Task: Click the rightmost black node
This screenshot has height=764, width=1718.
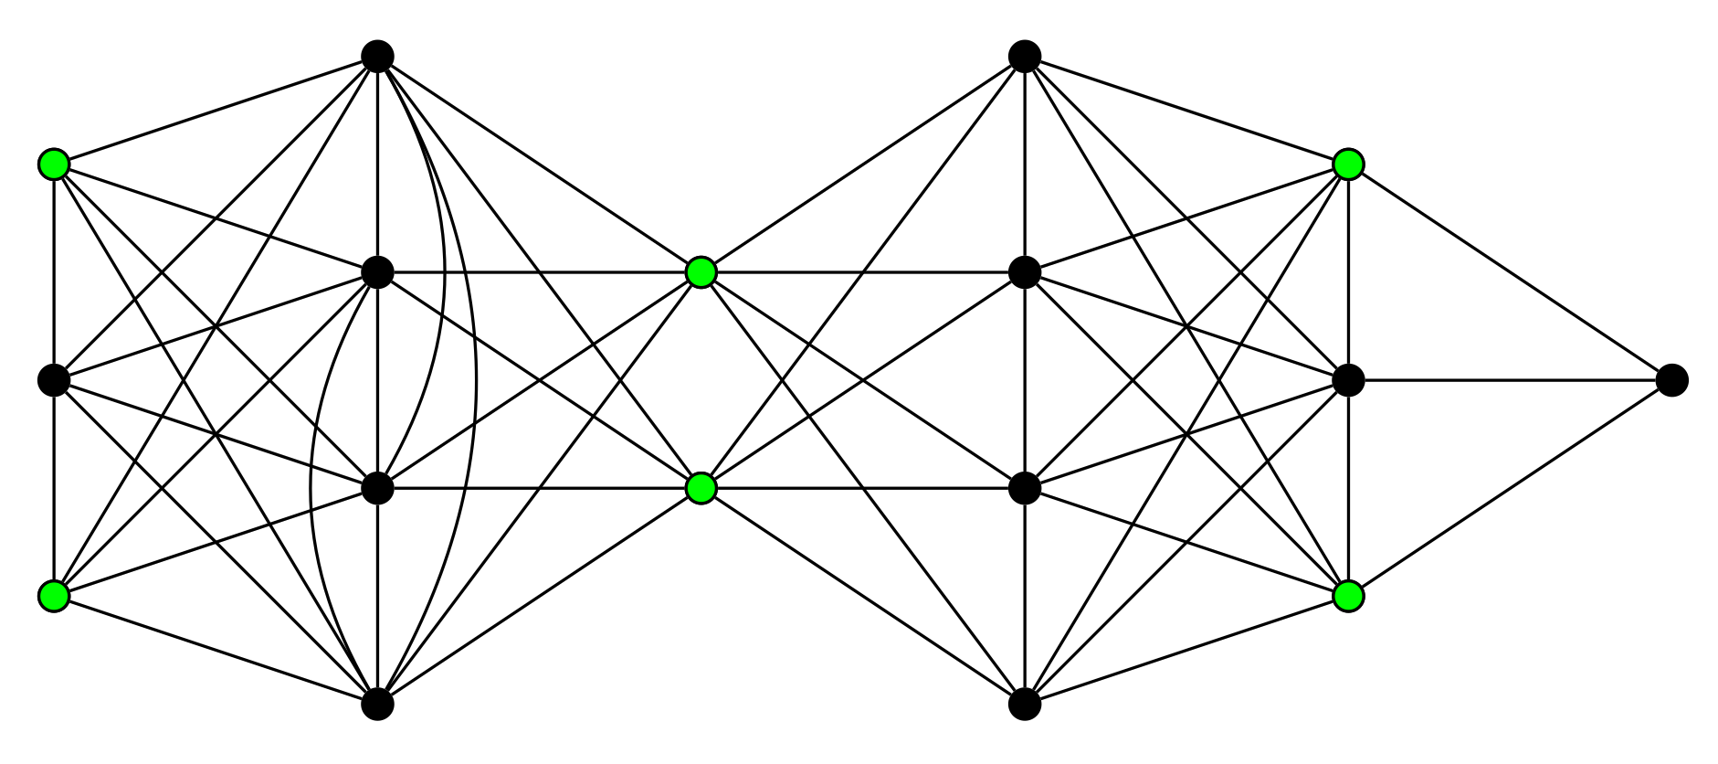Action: [x=1671, y=380]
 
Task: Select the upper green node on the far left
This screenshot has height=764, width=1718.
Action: [x=54, y=164]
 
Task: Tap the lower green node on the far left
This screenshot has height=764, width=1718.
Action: [x=54, y=596]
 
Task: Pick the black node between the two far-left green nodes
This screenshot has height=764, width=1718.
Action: [x=54, y=380]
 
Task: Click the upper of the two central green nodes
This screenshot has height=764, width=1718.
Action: [x=701, y=272]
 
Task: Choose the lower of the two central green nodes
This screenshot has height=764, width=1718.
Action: [x=701, y=488]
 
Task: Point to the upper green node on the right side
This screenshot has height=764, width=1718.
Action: [x=1348, y=164]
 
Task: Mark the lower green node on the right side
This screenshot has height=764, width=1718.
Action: [x=1348, y=596]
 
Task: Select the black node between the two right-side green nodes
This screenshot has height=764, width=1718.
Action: [x=1348, y=380]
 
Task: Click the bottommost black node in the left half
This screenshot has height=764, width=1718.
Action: [x=377, y=704]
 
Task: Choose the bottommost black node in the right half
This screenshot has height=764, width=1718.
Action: [x=1025, y=704]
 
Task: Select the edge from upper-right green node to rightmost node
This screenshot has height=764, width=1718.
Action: [x=1510, y=272]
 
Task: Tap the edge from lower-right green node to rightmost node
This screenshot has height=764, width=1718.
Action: [x=1510, y=488]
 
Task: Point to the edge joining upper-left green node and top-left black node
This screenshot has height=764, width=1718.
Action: [x=216, y=111]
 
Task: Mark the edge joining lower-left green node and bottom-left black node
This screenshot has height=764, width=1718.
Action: [x=216, y=650]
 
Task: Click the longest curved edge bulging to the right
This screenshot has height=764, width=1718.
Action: [x=476, y=380]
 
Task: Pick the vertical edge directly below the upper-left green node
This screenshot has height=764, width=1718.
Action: [x=54, y=272]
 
